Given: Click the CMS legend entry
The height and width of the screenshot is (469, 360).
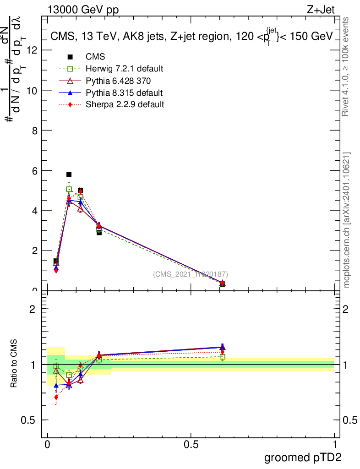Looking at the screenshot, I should click(95, 57).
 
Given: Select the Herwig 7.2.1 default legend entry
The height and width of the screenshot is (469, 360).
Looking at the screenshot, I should click(124, 69).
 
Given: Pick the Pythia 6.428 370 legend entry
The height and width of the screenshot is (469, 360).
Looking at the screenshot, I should click(118, 81).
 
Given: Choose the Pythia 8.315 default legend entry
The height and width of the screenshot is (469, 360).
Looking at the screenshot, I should click(124, 93).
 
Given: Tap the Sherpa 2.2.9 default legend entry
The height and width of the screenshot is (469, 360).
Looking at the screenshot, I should click(125, 104).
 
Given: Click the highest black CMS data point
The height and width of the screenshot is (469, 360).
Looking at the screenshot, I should click(69, 175).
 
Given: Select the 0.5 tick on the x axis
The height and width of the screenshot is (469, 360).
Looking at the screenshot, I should click(191, 445).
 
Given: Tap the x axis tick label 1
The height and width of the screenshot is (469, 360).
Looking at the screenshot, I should click(335, 445).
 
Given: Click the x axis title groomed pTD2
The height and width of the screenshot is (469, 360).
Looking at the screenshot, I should click(303, 458).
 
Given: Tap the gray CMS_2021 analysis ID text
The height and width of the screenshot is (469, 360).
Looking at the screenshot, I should click(191, 274).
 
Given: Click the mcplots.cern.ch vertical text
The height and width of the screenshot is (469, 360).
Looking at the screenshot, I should click(347, 220).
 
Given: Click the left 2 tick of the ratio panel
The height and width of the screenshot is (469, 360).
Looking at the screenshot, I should click(33, 309).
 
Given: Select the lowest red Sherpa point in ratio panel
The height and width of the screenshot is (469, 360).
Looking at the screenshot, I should click(56, 397).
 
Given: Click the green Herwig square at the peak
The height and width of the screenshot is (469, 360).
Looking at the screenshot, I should click(69, 189).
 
